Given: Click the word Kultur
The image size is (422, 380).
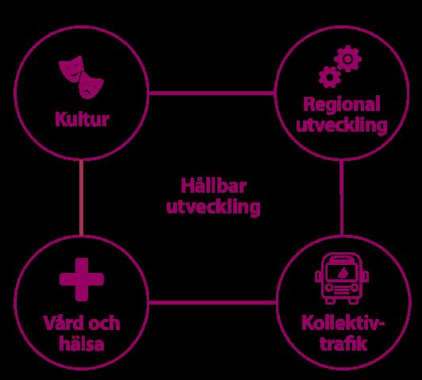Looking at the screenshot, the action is (82, 119).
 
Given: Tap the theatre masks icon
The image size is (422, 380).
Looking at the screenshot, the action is (81, 77).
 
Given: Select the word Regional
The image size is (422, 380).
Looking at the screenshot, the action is (342, 105).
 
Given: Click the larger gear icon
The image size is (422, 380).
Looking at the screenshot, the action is (347, 59).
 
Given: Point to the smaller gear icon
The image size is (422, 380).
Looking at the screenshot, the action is (329, 77).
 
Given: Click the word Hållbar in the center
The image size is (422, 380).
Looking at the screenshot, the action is (214, 186).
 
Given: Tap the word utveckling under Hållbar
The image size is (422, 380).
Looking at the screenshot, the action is (213, 207).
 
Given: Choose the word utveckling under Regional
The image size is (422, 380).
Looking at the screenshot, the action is (342, 125).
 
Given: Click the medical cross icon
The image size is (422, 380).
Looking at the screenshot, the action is (82, 279).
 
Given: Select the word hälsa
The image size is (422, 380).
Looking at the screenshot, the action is (82, 344).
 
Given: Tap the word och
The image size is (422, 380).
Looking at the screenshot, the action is (105, 323).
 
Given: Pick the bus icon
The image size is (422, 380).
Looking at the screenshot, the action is (342, 278).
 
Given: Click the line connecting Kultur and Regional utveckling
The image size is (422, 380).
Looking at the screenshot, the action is (211, 94).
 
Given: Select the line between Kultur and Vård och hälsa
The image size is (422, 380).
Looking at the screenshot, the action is (81, 198).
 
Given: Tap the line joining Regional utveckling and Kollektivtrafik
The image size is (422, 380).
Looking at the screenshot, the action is (342, 198).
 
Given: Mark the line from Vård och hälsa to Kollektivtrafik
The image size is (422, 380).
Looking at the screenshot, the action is (213, 302).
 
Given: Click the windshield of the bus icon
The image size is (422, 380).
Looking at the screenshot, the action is (342, 272).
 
